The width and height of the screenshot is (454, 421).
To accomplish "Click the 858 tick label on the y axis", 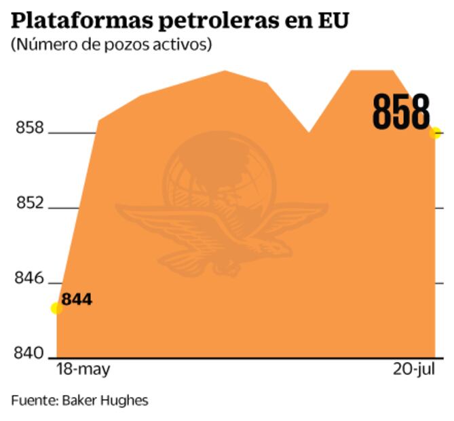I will point(30,128).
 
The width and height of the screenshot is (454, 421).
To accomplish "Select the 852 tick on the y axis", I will point(30,204).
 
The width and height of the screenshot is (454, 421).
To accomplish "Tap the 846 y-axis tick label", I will point(30,279).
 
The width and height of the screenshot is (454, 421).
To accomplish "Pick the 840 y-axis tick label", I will point(30,354).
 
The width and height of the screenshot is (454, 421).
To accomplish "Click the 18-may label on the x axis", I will point(83,370).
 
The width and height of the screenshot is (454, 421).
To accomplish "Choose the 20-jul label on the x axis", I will point(414,370).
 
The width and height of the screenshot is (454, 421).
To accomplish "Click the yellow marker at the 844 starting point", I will point(57,308).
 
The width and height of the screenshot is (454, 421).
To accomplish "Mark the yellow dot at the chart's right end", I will point(435,132).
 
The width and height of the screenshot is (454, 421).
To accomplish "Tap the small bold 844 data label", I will point(77,299).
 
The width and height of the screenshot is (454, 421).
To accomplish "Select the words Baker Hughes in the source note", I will point(105,401).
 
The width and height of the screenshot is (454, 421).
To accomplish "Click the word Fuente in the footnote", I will point(33,401).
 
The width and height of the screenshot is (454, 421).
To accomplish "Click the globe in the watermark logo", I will point(217,170).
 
